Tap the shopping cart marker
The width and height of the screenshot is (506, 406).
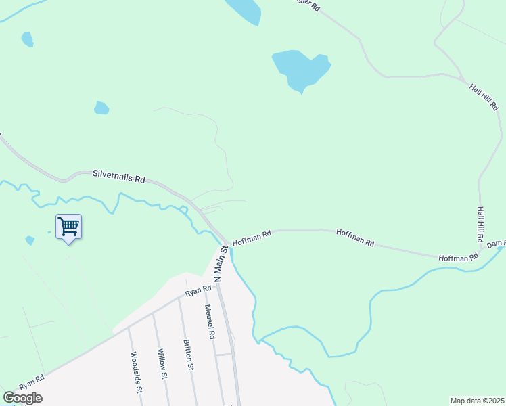pyautogui.click(x=68, y=226)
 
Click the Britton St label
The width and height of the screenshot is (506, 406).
pyautogui.click(x=189, y=355)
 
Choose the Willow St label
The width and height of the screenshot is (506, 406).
pyautogui.click(x=162, y=365)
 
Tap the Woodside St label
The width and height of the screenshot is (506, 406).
pyautogui.click(x=136, y=371)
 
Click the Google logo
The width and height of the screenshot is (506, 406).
pyautogui.click(x=22, y=398)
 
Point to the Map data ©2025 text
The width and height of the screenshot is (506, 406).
pyautogui.click(x=478, y=401)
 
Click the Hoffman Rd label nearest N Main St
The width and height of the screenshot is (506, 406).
pyautogui.click(x=252, y=238)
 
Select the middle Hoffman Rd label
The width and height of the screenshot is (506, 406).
pyautogui.click(x=355, y=237)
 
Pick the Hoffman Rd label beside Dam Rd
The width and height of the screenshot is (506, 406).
pyautogui.click(x=458, y=258)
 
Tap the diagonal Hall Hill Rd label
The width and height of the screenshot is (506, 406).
pyautogui.click(x=484, y=95)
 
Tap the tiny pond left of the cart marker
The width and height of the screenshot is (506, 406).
pyautogui.click(x=30, y=240)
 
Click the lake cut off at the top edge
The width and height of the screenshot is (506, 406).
pyautogui.click(x=243, y=10)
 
